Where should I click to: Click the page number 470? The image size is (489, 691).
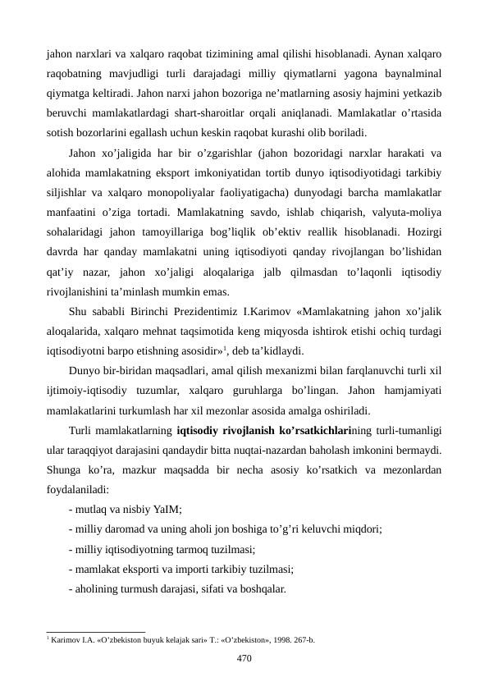[x=244, y=657]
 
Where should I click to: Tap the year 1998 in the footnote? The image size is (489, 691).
[x=287, y=638]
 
